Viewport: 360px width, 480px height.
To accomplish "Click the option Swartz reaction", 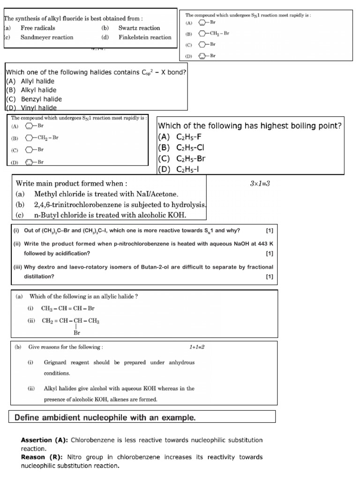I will [x=139, y=28].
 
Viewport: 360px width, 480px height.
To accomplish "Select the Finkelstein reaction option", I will [x=144, y=37].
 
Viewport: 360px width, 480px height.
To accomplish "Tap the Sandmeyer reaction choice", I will [x=46, y=37].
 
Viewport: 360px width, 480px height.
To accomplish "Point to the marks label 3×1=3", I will [x=260, y=183].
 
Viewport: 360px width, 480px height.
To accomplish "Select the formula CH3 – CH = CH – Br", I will [x=68, y=308].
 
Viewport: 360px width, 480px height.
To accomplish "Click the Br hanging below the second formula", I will [x=77, y=333].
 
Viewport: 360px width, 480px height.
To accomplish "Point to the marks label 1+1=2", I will [x=197, y=347].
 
